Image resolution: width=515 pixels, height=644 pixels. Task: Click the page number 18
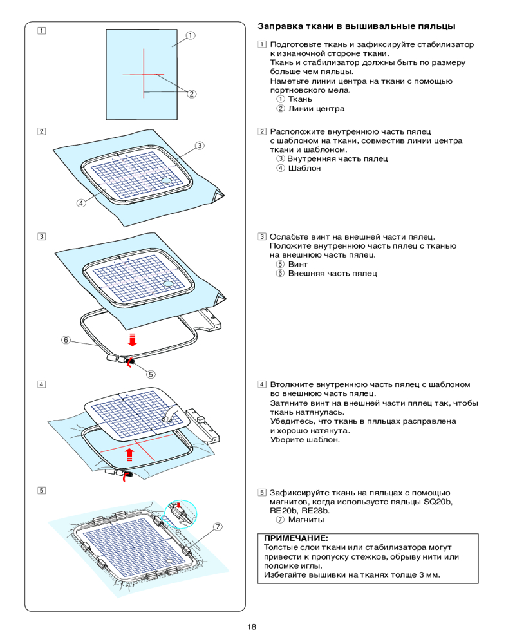(x=251, y=627)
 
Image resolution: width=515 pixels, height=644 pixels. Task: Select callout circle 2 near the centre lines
(x=191, y=94)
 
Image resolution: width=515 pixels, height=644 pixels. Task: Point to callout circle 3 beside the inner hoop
(x=200, y=146)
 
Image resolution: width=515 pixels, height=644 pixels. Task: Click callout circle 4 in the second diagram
(x=80, y=203)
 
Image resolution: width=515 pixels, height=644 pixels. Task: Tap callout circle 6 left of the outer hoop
(x=65, y=340)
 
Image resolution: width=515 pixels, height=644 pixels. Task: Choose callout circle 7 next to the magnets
(x=218, y=527)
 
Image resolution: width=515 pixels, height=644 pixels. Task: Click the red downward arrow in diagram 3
(x=132, y=339)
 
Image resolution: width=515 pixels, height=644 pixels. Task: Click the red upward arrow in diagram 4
(x=129, y=455)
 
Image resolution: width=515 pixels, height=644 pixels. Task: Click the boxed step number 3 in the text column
(x=262, y=236)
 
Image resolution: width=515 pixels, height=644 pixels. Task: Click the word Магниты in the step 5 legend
(x=306, y=519)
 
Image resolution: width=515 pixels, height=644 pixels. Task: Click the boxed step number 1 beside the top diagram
(x=41, y=30)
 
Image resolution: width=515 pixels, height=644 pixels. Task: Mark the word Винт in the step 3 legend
(x=298, y=264)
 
